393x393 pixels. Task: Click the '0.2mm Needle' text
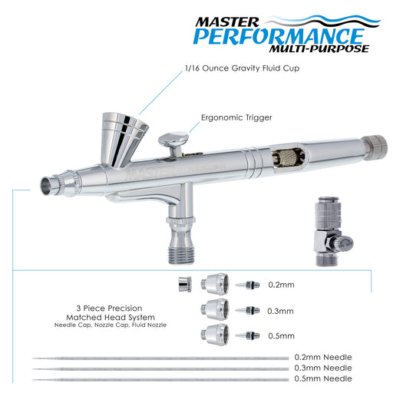[x=323, y=357]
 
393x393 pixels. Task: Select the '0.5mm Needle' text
[x=323, y=378]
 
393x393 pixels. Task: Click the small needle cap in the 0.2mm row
[x=185, y=285]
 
